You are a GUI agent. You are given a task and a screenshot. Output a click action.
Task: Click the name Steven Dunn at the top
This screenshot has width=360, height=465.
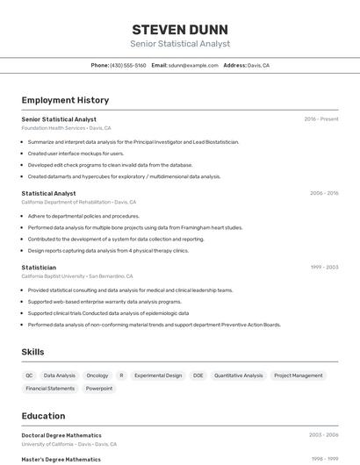point(180,29)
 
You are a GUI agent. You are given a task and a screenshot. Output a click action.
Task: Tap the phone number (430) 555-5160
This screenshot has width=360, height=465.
point(128,65)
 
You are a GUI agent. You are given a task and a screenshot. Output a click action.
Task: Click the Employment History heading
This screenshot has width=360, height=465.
point(65,100)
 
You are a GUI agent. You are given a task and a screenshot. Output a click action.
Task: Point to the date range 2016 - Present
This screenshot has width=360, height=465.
point(320,118)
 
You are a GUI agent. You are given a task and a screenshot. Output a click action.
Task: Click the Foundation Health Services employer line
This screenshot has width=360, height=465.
point(66,128)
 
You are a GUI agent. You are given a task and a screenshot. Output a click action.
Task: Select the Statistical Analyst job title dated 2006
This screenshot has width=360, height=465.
point(48,193)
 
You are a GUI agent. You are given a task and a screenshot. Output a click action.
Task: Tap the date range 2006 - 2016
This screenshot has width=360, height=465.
point(324,193)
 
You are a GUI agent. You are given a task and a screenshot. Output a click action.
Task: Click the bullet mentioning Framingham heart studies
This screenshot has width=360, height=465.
point(134,227)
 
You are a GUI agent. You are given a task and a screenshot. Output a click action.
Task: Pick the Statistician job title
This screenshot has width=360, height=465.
point(39,268)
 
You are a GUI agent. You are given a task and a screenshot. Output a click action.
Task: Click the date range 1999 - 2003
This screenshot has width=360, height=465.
point(324,268)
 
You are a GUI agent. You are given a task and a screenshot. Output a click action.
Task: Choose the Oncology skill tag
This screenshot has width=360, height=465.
point(97,376)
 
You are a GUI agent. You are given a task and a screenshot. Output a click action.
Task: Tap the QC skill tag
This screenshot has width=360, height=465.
point(30,376)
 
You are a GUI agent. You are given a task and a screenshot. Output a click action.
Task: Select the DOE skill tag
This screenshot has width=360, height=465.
point(198,376)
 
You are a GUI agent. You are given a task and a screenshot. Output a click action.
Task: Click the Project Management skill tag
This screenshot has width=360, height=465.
point(298,376)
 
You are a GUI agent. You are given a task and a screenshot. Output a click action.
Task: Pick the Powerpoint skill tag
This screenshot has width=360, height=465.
point(99,388)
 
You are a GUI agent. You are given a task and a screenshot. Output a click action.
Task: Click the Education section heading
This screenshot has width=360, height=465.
point(43,416)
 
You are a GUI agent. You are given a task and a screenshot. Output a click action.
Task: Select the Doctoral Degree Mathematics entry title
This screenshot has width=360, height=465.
point(61,435)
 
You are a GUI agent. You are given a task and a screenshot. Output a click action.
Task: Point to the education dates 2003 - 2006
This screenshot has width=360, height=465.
point(324,435)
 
